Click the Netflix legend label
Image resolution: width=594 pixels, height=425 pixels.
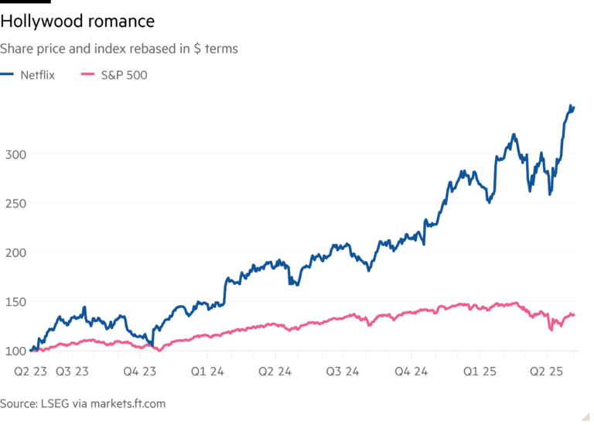38,75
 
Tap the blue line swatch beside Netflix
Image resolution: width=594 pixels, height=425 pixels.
9,75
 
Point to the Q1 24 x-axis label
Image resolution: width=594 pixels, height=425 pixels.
208,370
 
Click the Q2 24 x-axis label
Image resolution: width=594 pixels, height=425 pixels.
275,370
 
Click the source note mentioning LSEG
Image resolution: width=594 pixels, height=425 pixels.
83,404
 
